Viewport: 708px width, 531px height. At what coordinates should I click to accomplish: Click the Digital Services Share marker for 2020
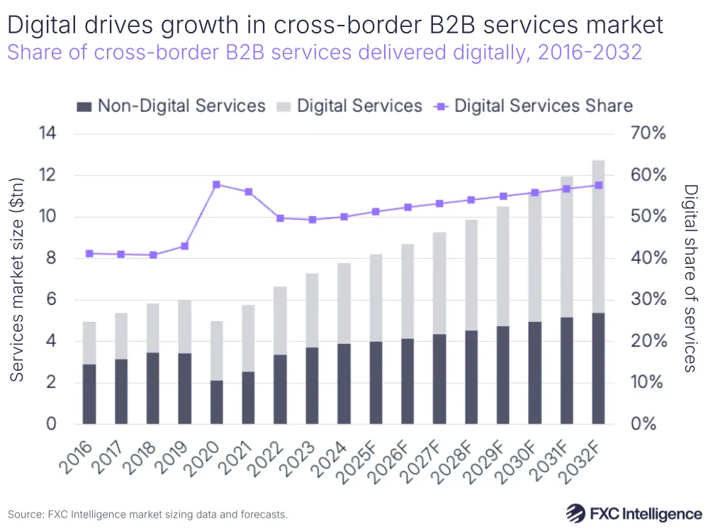[217, 184]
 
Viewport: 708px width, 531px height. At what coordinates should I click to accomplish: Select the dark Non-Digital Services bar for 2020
[217, 402]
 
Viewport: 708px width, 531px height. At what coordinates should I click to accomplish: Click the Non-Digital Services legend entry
[171, 106]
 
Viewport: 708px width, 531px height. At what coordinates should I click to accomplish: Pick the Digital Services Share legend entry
[535, 106]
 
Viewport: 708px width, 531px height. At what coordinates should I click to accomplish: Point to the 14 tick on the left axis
[50, 134]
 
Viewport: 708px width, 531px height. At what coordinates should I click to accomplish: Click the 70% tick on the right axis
[648, 134]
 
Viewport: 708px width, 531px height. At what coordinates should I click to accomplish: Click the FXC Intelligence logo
[634, 513]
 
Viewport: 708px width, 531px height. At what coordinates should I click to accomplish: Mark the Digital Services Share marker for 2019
[185, 246]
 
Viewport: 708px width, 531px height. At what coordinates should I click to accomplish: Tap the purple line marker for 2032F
[597, 185]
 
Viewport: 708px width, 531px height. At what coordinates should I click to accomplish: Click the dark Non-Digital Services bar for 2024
[344, 384]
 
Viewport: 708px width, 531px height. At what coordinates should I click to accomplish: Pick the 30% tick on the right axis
[648, 300]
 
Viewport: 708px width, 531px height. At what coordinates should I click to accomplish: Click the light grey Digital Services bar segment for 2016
[89, 343]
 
